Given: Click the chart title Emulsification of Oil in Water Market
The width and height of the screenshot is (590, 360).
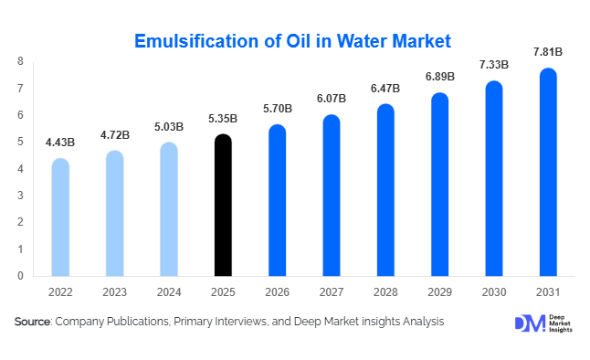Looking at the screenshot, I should [293, 41].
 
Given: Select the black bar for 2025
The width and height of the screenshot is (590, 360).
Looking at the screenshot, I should [223, 206].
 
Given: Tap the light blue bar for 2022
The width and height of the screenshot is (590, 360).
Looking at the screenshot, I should [60, 217].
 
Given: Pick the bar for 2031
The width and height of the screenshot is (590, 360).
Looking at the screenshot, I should [548, 173].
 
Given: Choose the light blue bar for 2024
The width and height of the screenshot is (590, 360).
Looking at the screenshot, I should [169, 209].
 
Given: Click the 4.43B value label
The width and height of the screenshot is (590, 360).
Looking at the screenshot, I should [60, 143].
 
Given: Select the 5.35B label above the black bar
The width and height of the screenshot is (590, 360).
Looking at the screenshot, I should [223, 119].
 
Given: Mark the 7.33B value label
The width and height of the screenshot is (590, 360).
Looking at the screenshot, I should [493, 66].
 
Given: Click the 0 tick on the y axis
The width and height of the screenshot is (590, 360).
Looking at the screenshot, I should [20, 275].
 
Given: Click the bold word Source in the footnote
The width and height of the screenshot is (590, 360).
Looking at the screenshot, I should [32, 322].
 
